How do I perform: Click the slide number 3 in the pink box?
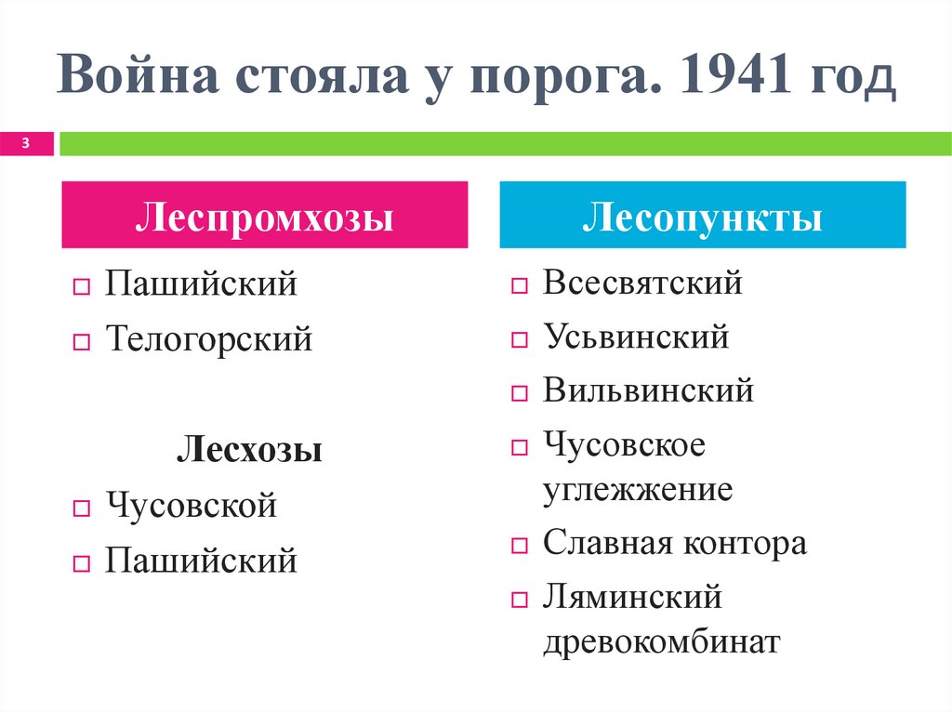coord(25,143)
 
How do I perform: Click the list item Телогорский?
coord(208,337)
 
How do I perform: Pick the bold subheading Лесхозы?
coord(250,451)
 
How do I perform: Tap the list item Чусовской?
coord(191,507)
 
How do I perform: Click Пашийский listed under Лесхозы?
coord(200,561)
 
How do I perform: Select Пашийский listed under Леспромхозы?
coord(200,283)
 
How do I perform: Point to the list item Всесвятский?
coord(642,283)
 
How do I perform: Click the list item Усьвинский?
coord(636,337)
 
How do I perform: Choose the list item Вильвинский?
coord(648,390)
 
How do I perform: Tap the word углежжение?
coord(638,489)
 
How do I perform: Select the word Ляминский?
coord(632,597)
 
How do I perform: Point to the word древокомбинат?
coord(661,642)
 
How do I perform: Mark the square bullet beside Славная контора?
coord(519,545)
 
